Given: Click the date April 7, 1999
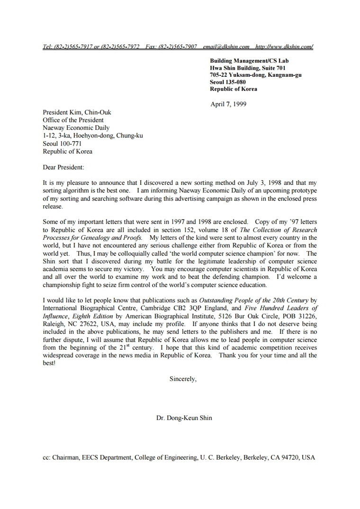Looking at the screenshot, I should coord(228,104).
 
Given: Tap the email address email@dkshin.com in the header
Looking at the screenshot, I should coord(226,46).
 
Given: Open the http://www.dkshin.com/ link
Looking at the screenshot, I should coord(284,46).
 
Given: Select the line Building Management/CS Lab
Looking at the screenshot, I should coord(249,61).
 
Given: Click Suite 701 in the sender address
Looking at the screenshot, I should coord(272,68).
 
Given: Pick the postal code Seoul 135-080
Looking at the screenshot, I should coord(228,82).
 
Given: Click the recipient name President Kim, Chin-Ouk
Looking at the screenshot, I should coord(77,113).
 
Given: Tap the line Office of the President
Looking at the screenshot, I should coord(73,120).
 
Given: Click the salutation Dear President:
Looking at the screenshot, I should coord(63,167).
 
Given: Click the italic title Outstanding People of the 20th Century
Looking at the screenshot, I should coord(253,300).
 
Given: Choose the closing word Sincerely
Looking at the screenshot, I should coord(183,379).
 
